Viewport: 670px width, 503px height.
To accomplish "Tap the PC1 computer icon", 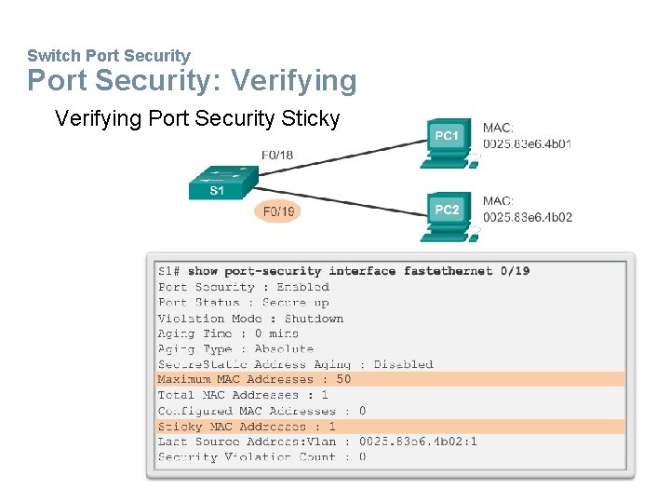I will pos(448,141).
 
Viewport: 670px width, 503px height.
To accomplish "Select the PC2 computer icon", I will pos(448,213).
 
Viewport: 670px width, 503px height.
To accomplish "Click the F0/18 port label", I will pos(277,155).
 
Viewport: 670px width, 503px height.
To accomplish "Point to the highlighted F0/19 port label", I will pos(278,212).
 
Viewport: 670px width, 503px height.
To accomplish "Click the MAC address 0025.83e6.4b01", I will pos(527,144).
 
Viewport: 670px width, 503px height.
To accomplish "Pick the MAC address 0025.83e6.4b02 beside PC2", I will pos(527,217).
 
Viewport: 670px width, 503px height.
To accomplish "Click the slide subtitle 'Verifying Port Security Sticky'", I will pos(197,118).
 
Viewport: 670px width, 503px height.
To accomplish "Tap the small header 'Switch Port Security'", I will pos(108,56).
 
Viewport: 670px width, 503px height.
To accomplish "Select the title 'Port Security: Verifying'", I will pos(192,81).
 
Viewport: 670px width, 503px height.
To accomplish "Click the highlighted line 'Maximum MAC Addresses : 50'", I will pos(255,379).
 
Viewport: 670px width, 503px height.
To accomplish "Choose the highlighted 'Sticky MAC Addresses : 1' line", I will pos(247,426).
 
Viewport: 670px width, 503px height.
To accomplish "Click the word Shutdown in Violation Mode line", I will pos(314,318).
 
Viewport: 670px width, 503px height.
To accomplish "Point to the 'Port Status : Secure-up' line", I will pos(243,303).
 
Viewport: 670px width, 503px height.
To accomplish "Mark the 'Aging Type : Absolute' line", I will pos(235,348).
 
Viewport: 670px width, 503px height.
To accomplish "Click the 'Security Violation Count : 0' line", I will pos(261,456).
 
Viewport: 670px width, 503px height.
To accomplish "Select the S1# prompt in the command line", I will pos(169,271).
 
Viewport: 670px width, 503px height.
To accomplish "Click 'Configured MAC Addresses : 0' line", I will pos(261,410).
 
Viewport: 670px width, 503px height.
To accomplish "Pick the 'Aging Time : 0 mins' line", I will pos(228,333).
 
